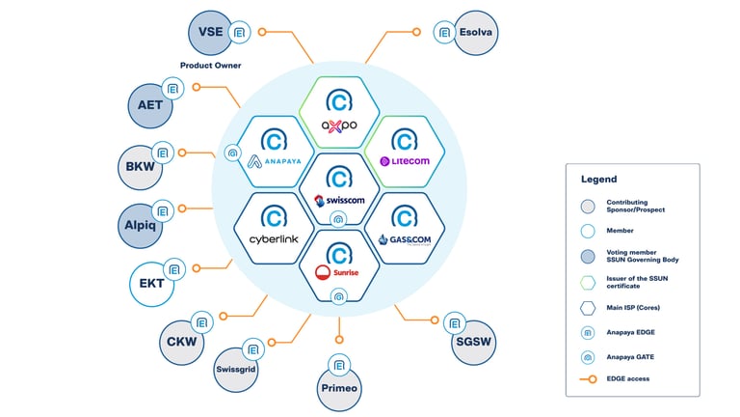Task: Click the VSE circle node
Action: click(209, 32)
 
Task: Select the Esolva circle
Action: click(478, 32)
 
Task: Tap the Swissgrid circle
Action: click(237, 368)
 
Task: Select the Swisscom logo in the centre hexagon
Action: click(338, 201)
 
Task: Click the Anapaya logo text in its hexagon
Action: click(273, 162)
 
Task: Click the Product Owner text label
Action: click(210, 66)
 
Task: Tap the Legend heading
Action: click(598, 180)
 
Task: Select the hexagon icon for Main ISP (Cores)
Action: click(587, 307)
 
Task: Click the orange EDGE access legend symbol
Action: click(587, 377)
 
